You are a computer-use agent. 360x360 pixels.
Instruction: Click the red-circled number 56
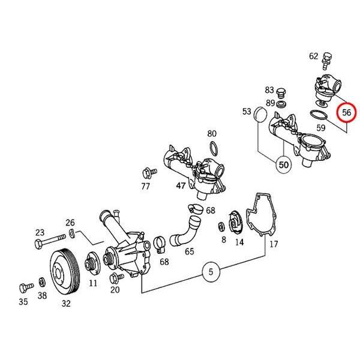pos(347,112)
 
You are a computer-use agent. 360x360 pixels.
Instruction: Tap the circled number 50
pos(283,163)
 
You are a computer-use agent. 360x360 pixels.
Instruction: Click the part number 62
pos(314,56)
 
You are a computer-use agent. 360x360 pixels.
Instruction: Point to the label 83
pos(269,90)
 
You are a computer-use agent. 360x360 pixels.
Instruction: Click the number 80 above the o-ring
pos(212,133)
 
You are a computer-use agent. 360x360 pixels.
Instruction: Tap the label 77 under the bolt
pos(146,187)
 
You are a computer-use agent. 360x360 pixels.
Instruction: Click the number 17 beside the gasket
pos(274,244)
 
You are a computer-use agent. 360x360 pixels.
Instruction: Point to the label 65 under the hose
pos(190,251)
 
